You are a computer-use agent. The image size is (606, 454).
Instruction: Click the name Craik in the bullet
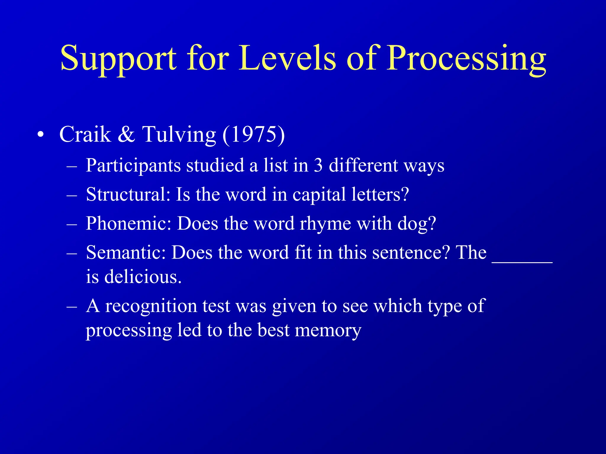[x=85, y=134]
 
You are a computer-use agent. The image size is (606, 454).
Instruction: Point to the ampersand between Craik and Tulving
[x=126, y=134]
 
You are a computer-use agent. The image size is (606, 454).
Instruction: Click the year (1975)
[x=254, y=134]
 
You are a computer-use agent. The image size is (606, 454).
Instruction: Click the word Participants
[x=133, y=166]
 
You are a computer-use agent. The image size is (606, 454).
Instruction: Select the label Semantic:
[x=126, y=253]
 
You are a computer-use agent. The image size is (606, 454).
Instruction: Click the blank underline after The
[x=522, y=260]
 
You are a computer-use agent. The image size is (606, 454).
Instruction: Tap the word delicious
[x=143, y=277]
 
